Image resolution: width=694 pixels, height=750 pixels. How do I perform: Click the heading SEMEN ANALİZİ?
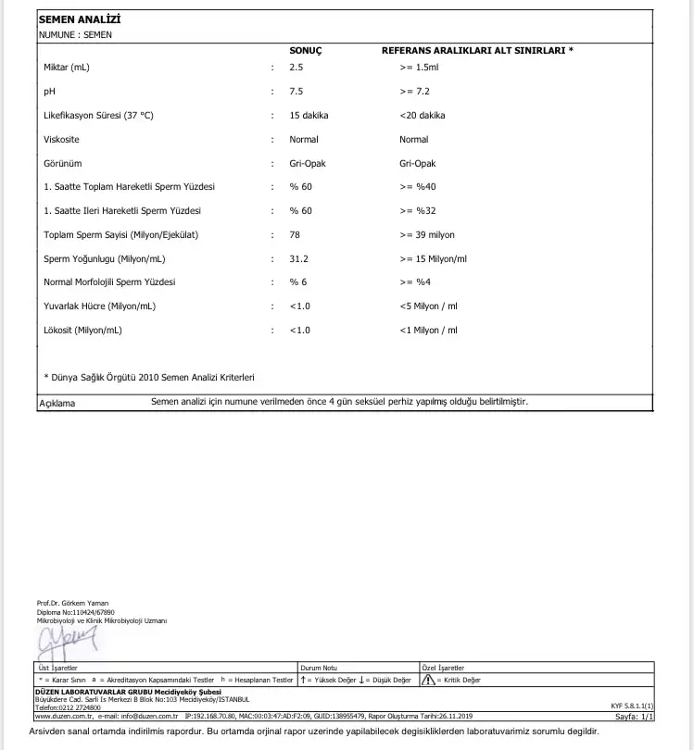80,19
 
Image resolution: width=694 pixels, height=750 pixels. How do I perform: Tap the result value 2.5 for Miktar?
297,68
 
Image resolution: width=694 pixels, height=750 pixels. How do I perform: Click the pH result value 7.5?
297,92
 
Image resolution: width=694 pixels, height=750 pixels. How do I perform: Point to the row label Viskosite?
62,140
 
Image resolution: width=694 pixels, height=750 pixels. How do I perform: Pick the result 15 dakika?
309,116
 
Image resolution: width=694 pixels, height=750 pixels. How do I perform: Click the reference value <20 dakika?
423,116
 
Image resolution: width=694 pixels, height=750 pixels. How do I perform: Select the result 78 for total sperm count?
295,235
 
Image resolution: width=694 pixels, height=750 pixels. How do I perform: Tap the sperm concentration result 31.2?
299,259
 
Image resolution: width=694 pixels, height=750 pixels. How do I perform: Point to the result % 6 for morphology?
298,282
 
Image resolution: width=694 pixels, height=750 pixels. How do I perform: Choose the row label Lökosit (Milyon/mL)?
83,331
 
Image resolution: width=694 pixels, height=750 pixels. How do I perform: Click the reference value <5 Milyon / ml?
429,306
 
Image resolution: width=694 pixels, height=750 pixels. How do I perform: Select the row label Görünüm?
63,164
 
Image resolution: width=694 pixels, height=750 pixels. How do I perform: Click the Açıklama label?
57,403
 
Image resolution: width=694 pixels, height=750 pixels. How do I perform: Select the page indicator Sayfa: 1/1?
635,716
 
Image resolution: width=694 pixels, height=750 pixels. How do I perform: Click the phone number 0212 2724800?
78,706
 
